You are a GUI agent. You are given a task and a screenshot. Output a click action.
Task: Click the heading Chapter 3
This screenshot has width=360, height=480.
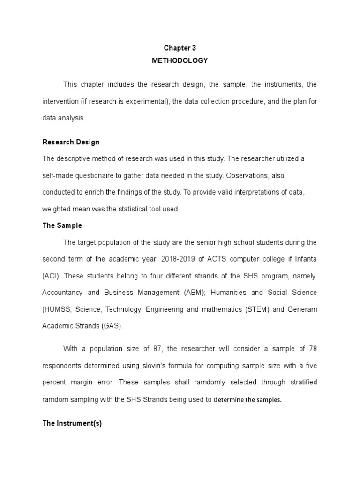tap(180, 48)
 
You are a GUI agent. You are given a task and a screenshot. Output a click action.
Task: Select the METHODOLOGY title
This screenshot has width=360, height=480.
tap(180, 60)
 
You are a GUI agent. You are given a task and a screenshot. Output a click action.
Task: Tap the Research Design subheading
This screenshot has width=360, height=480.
tap(71, 142)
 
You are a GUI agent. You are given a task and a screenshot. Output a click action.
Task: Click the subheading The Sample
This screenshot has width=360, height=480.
tap(62, 225)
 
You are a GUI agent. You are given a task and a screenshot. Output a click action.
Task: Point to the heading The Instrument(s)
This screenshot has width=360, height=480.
tap(72, 423)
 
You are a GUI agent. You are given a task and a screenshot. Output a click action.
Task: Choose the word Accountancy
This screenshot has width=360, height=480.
tap(61, 292)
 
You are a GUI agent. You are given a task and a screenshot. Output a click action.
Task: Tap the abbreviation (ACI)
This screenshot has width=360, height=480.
tap(51, 276)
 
